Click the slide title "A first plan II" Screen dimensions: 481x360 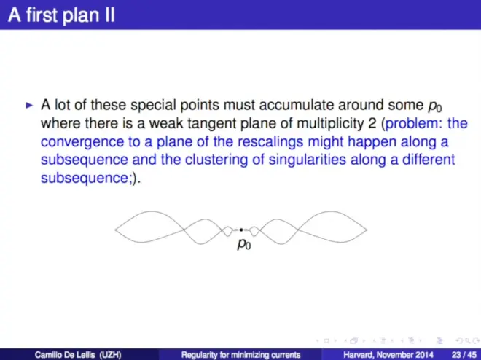point(61,15)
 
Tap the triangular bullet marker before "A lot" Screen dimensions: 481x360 point(29,106)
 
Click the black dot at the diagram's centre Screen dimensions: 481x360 point(241,230)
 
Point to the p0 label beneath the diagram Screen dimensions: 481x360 point(244,244)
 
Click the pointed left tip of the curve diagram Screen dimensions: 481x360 point(115,230)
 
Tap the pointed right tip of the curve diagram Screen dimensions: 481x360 point(367,230)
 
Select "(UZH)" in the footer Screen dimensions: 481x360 point(111,355)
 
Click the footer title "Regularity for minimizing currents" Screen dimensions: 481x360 point(240,355)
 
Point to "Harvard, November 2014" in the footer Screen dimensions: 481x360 point(388,355)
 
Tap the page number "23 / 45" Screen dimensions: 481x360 point(464,355)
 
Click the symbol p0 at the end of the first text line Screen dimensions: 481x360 point(435,106)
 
